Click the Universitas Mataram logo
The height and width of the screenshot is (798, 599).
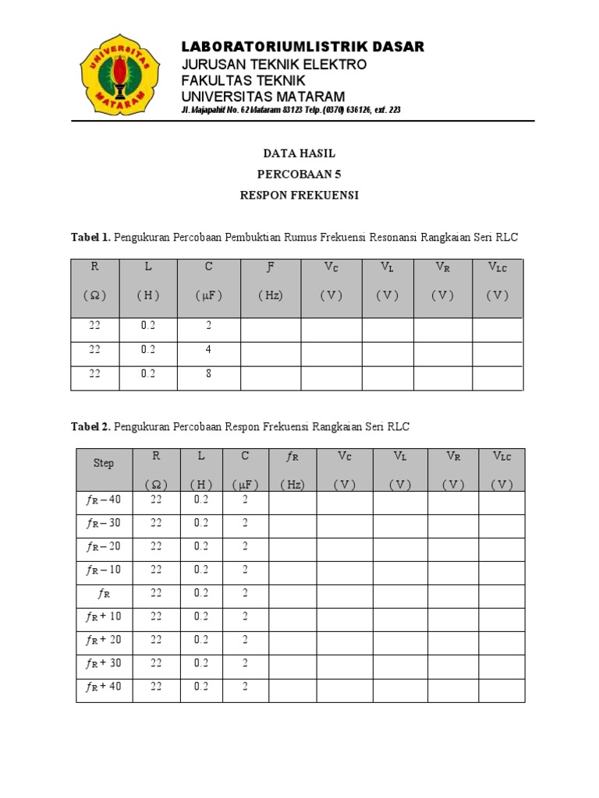(119, 74)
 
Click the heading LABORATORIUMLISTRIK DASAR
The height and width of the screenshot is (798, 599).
(303, 48)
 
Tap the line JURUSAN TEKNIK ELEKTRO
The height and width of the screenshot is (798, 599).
(274, 65)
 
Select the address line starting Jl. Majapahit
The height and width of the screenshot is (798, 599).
(291, 110)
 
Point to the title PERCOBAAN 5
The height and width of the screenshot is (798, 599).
(299, 175)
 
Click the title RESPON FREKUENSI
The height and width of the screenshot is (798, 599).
(299, 196)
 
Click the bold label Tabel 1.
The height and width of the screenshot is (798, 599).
(91, 236)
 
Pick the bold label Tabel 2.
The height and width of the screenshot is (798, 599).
(91, 427)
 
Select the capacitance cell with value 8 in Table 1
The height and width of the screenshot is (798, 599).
(209, 373)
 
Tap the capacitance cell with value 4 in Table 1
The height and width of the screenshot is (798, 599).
(209, 350)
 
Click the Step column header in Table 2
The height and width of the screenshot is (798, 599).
(104, 463)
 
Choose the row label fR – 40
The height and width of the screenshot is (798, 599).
(104, 500)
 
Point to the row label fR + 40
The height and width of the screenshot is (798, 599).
(104, 687)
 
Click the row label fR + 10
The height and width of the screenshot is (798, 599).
(104, 616)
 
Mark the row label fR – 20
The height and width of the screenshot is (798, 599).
(104, 546)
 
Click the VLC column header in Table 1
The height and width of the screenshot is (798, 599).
(497, 281)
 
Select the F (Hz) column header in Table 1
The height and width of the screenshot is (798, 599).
(271, 281)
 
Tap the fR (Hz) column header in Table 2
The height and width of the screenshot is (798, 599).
(292, 470)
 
